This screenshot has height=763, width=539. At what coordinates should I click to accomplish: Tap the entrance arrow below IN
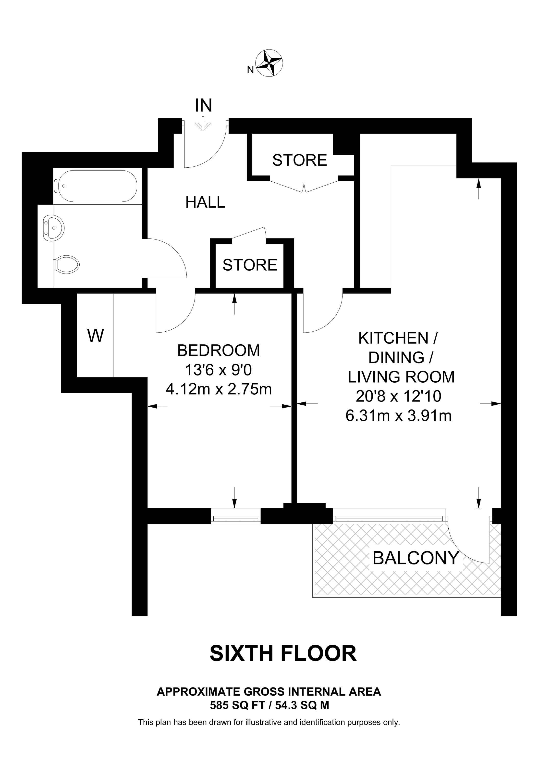(x=203, y=126)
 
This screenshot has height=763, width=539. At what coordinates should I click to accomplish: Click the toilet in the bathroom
(x=66, y=265)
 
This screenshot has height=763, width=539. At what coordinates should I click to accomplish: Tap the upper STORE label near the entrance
(x=300, y=160)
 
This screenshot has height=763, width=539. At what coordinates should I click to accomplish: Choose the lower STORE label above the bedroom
(x=250, y=265)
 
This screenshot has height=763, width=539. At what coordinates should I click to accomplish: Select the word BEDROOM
(x=219, y=350)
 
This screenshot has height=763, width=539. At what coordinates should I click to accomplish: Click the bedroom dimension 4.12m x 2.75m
(x=219, y=389)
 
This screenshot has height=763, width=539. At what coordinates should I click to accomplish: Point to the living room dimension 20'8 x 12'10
(x=399, y=396)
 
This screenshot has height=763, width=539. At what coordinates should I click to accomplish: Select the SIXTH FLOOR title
(x=283, y=654)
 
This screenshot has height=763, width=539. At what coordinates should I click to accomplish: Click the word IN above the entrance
(x=203, y=105)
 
